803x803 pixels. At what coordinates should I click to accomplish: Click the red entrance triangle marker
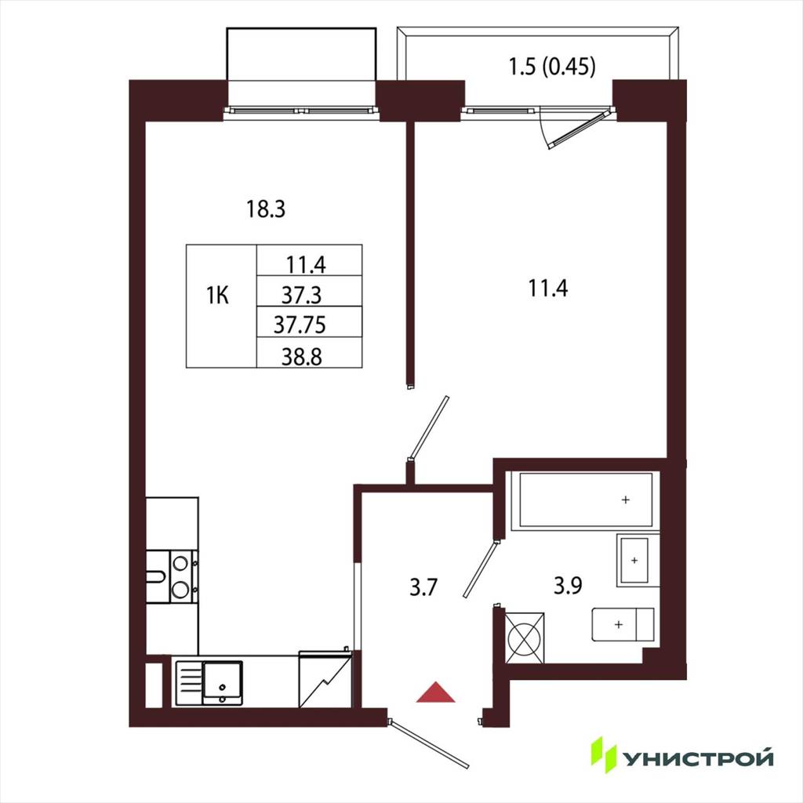(x=435, y=692)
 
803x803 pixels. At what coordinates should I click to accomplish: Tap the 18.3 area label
(x=266, y=209)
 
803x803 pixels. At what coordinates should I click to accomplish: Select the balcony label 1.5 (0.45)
(x=552, y=67)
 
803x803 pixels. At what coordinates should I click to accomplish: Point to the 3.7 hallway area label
(x=423, y=587)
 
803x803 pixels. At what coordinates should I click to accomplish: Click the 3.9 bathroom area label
(x=568, y=585)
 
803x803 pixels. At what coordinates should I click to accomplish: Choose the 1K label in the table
(x=218, y=296)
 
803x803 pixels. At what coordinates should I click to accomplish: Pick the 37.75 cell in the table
(x=300, y=325)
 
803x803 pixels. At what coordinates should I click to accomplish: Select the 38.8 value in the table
(x=302, y=357)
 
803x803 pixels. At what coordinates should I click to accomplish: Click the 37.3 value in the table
(x=302, y=295)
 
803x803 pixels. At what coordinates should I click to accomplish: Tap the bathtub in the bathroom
(x=586, y=500)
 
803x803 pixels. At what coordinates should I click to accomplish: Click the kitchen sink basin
(x=222, y=683)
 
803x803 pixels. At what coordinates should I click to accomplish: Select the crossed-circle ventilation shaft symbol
(x=525, y=637)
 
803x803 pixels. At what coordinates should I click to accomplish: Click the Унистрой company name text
(x=698, y=758)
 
